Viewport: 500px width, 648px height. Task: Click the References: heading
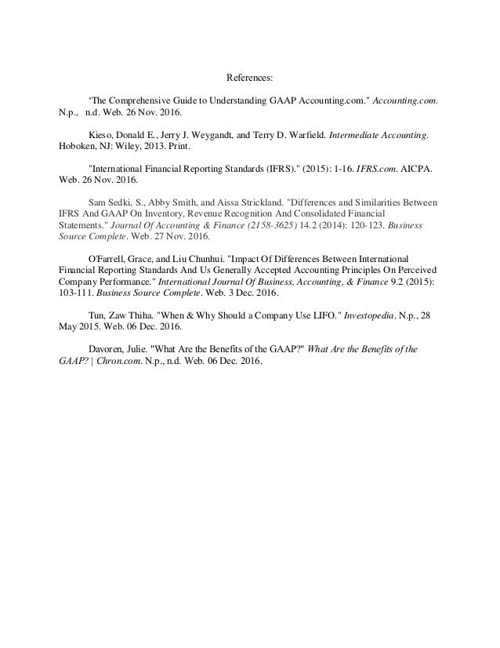(x=250, y=78)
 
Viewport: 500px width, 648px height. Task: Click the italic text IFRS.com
(x=375, y=168)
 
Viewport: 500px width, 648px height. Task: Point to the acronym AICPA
(x=422, y=168)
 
